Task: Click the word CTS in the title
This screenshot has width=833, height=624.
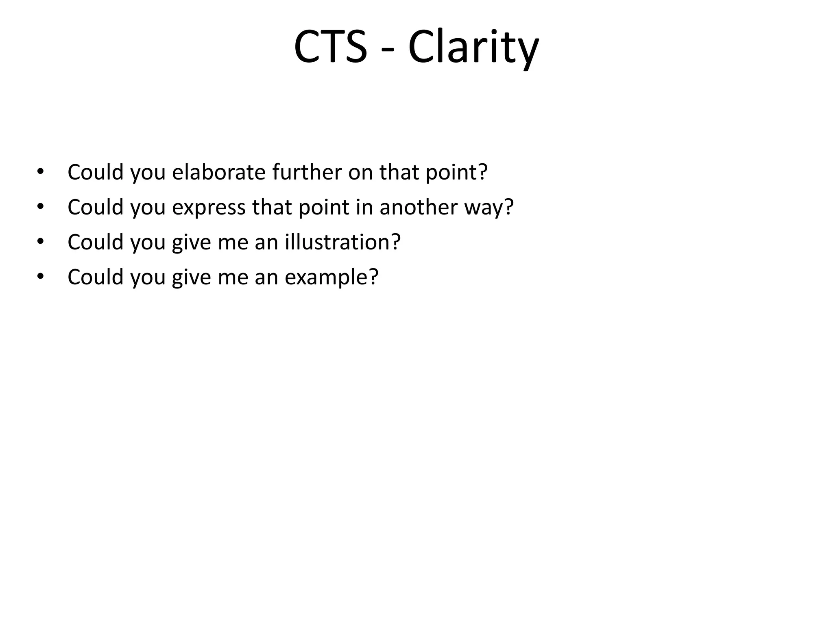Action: tap(330, 47)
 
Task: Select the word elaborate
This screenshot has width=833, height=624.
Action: tap(219, 172)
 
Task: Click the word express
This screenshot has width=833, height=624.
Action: tap(209, 208)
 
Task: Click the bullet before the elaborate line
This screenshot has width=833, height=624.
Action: tap(40, 172)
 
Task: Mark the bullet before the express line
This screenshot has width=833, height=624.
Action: tap(40, 207)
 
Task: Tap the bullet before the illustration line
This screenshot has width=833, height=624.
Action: tap(40, 242)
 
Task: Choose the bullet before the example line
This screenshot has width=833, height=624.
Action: tap(40, 277)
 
